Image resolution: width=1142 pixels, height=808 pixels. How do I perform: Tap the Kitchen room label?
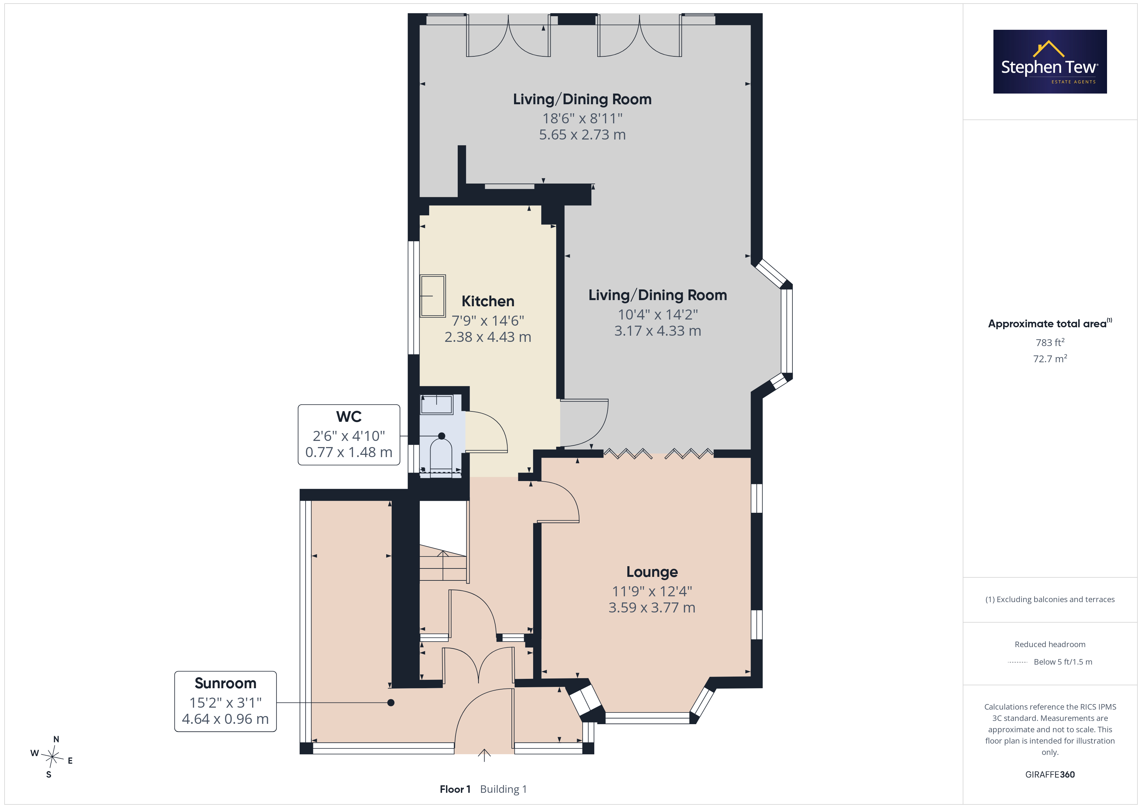pos(487,301)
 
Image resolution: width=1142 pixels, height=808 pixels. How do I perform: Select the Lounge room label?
pos(652,572)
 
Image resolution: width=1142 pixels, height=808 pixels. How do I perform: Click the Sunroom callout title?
pos(225,683)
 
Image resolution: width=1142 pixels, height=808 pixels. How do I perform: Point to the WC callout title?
pos(349,416)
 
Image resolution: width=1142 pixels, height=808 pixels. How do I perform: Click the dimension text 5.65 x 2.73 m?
pos(582,135)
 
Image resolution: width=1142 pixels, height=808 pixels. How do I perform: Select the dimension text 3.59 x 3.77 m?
pos(652,608)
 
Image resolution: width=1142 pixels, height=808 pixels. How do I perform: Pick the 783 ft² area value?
pos(1050,342)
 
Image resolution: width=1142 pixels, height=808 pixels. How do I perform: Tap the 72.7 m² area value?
pos(1050,358)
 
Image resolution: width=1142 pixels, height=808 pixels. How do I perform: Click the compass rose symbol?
pos(52,757)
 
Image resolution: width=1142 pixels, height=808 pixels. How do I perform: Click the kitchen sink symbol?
pos(433,296)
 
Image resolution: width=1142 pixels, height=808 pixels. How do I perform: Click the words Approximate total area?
pos(1047,324)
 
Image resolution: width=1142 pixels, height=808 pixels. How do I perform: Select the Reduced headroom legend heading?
pos(1050,644)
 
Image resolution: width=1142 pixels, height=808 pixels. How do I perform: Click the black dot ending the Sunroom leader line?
pos(391,702)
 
